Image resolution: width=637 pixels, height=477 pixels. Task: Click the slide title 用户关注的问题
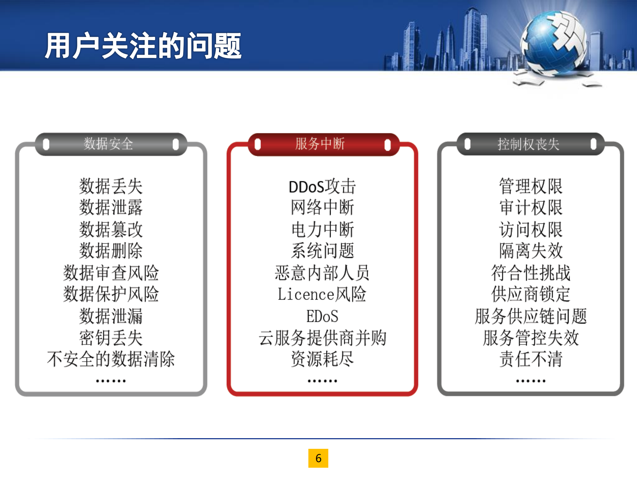(143, 46)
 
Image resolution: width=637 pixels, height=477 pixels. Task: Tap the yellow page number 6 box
(318, 458)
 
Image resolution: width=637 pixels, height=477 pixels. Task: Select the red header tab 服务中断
(320, 144)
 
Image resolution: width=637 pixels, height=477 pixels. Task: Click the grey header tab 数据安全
(109, 144)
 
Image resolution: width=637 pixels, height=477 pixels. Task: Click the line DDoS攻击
(322, 187)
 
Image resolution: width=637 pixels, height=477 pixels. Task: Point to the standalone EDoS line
(322, 316)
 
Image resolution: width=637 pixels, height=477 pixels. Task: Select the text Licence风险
(322, 294)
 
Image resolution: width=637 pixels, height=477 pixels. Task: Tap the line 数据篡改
(111, 229)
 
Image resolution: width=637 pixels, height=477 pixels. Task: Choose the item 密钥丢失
(111, 338)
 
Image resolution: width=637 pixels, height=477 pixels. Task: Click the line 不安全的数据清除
(111, 359)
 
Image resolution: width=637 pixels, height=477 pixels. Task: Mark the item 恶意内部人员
(322, 273)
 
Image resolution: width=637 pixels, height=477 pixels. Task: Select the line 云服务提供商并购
(322, 338)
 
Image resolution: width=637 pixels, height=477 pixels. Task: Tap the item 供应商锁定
(530, 294)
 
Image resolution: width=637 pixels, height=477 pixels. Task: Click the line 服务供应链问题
(530, 316)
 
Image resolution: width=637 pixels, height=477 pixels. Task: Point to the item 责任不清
(530, 359)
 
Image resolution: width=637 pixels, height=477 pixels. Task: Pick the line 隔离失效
(530, 251)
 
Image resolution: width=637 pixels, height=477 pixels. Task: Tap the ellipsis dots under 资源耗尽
(322, 381)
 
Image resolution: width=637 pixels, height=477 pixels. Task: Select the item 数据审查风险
(111, 273)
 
